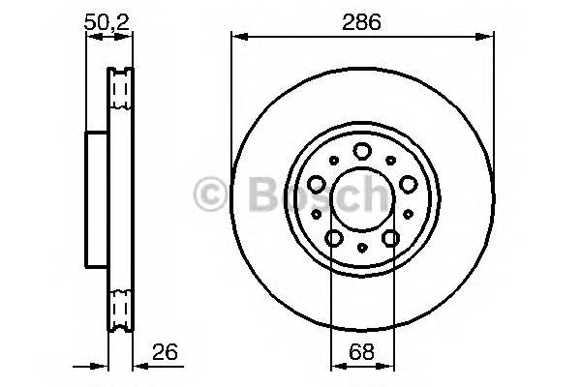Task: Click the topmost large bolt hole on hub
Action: (362, 150)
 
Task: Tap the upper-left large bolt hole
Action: (318, 181)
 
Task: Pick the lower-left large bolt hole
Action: (334, 237)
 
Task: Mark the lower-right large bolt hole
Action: (390, 237)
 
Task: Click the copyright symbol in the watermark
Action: (211, 197)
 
